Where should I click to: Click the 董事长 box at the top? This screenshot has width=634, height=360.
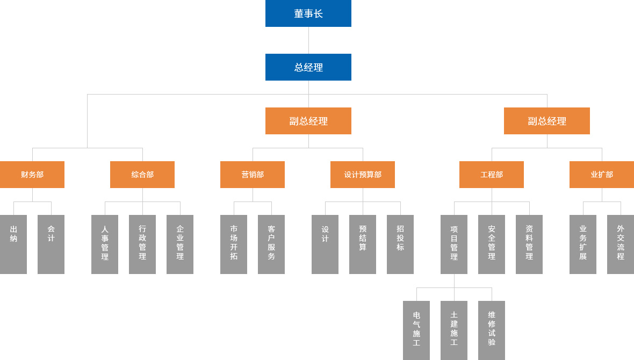[x=308, y=13]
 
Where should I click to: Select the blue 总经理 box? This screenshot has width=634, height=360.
[x=308, y=67]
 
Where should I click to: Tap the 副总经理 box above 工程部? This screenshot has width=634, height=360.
[x=546, y=121]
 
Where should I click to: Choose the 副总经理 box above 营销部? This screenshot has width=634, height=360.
[x=308, y=121]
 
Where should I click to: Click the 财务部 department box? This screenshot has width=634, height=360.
[x=32, y=175]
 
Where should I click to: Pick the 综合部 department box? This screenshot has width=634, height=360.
[x=142, y=175]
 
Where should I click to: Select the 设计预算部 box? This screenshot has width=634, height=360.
[x=363, y=175]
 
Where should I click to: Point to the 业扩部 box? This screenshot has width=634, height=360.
[x=602, y=175]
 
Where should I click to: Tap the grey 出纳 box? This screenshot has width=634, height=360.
[x=13, y=244]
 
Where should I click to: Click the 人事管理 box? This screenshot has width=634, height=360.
[x=105, y=244]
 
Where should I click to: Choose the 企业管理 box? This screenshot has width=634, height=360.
[x=180, y=244]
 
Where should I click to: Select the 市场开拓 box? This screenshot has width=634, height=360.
[x=234, y=244]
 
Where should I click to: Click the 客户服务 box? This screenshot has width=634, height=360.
[x=271, y=244]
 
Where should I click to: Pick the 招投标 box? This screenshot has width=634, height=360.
[x=400, y=244]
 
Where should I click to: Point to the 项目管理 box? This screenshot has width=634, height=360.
[x=454, y=244]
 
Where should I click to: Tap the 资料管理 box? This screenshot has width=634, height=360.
[x=529, y=244]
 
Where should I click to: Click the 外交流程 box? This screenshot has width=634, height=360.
[x=621, y=244]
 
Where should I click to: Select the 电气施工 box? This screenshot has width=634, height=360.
[x=416, y=330]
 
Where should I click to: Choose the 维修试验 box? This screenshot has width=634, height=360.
[x=492, y=330]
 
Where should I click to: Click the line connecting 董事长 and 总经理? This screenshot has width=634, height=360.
[x=308, y=40]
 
